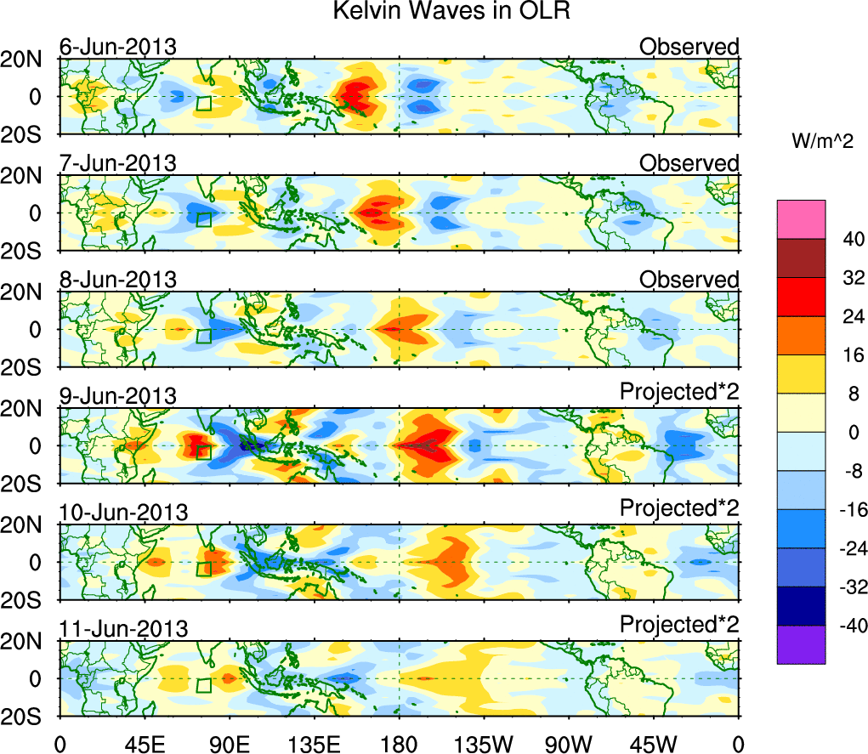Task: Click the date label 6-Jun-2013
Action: [x=118, y=47]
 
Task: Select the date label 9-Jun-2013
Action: [x=118, y=396]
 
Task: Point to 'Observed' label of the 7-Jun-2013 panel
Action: [x=689, y=163]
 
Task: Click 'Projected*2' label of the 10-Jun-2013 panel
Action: [x=679, y=508]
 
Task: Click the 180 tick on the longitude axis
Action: [x=399, y=743]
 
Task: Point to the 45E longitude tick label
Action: [x=144, y=743]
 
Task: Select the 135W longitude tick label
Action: [x=483, y=743]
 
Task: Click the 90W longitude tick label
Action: [x=568, y=743]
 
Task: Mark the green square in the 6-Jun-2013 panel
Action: [x=203, y=104]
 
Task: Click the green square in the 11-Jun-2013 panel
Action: [x=203, y=686]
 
